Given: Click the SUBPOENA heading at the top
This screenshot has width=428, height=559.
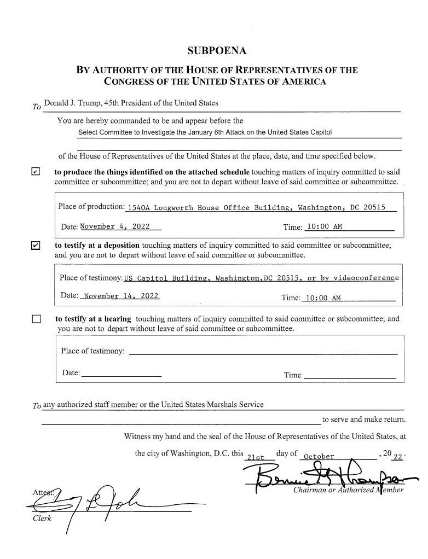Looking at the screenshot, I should (217, 51).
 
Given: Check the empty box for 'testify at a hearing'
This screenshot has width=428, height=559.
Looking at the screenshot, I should (36, 319).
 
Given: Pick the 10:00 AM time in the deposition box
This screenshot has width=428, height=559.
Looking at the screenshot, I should (323, 298).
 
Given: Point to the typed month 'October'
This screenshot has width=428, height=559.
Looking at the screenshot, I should (319, 456).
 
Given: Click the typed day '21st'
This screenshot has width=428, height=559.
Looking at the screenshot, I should (256, 457).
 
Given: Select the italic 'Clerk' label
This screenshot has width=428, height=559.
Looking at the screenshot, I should (41, 519).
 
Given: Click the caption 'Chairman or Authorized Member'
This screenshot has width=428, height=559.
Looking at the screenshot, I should (348, 490).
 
